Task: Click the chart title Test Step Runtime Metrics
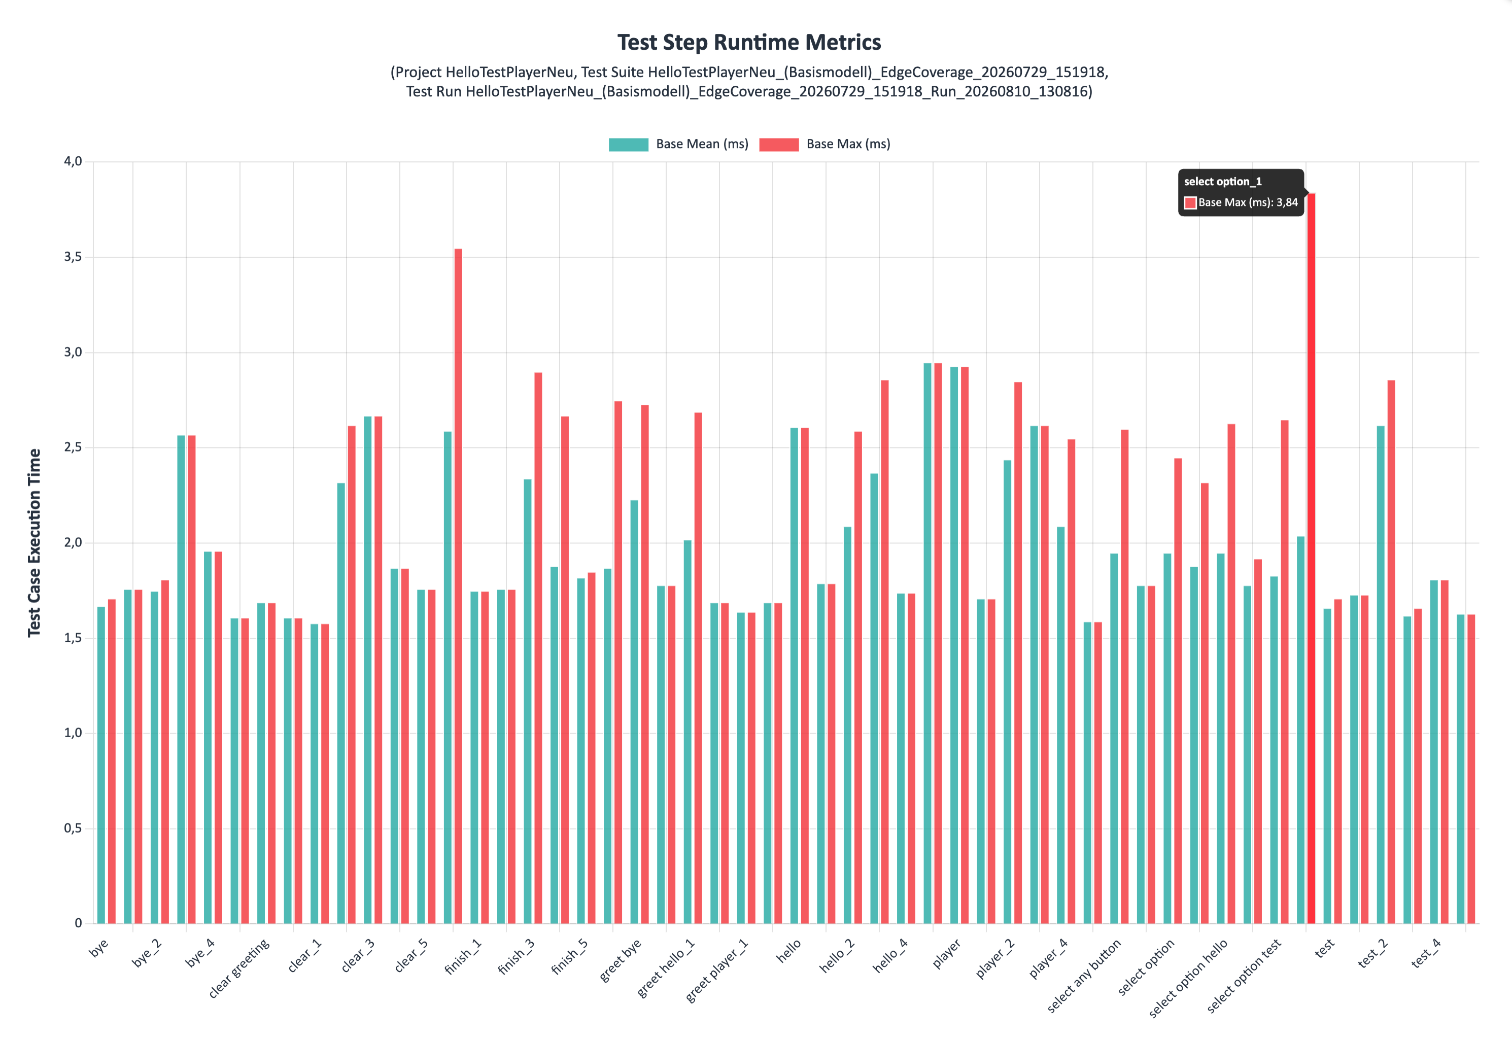click(749, 42)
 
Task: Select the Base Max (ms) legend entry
click(825, 144)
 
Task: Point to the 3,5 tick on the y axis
click(73, 257)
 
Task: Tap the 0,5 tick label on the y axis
click(73, 828)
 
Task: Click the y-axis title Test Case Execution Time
click(34, 543)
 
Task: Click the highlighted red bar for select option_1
click(1311, 559)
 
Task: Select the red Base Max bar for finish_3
click(538, 648)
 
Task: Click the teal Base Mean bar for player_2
click(1008, 692)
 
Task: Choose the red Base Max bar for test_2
click(1391, 651)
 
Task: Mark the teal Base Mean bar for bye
click(101, 765)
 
